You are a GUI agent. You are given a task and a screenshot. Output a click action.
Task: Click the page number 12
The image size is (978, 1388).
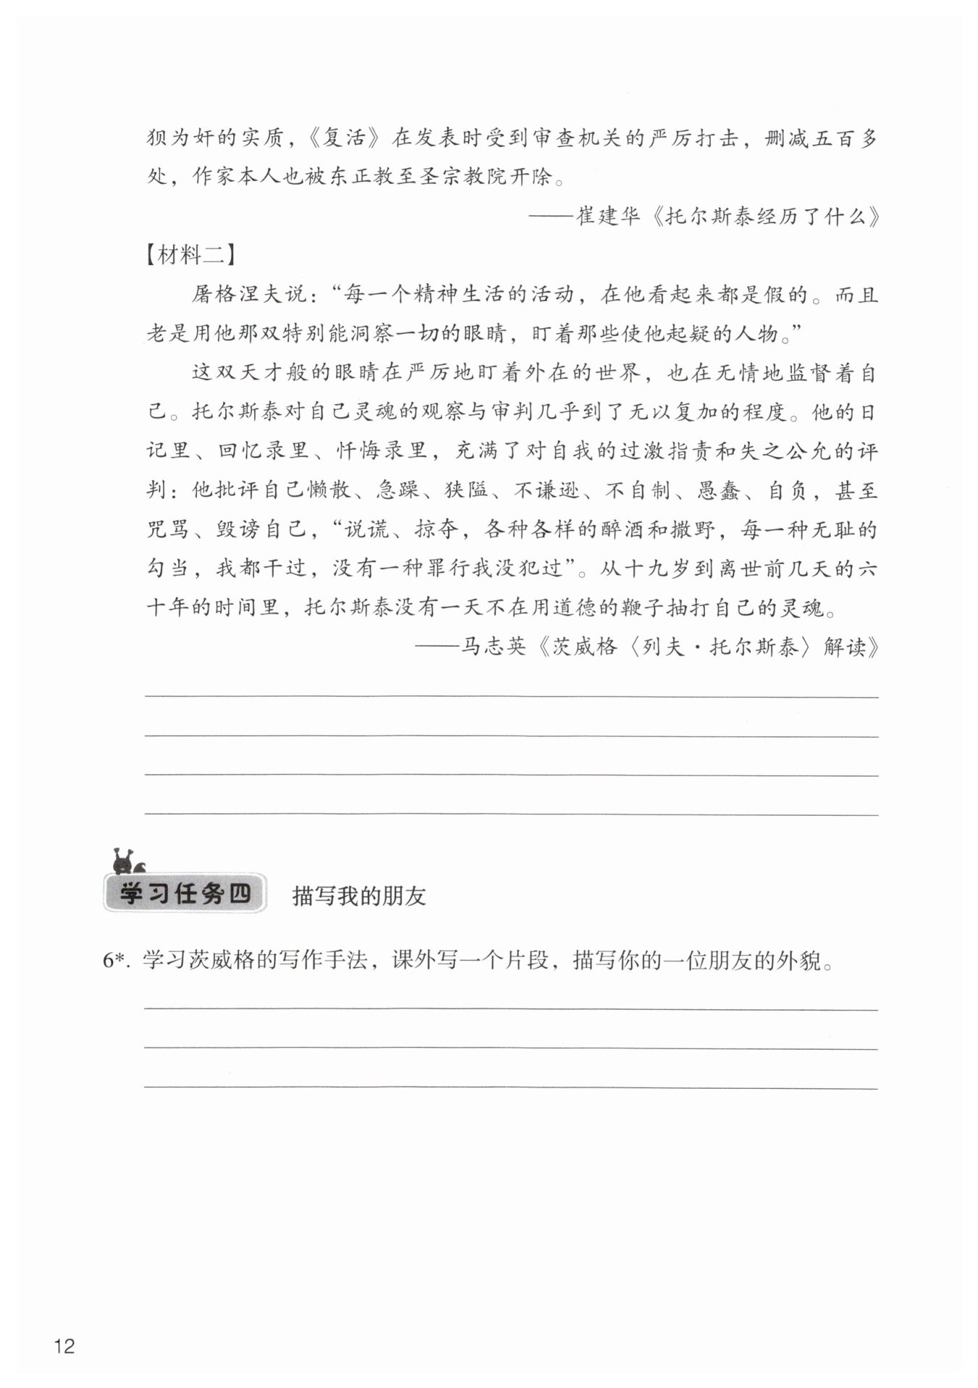tap(64, 1347)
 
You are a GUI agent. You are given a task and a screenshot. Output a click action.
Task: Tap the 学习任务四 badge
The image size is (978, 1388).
tap(185, 894)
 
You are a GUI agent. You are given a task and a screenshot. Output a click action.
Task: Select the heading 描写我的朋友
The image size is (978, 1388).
tap(359, 896)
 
